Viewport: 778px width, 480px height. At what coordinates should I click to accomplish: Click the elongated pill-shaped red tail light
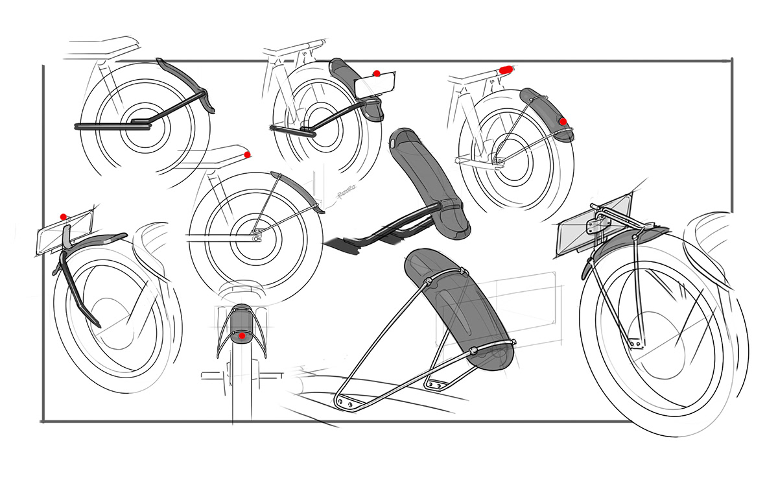click(x=506, y=67)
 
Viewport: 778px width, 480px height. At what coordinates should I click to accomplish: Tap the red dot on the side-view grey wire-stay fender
click(x=563, y=121)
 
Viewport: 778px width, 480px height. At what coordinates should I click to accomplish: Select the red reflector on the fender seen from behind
click(x=241, y=335)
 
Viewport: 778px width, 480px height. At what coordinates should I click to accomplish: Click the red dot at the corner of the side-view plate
click(x=376, y=73)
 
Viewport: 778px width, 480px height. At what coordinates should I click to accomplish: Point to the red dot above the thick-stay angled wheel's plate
click(x=63, y=216)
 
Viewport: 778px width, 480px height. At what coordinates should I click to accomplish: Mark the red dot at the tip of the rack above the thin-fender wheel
click(x=247, y=155)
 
